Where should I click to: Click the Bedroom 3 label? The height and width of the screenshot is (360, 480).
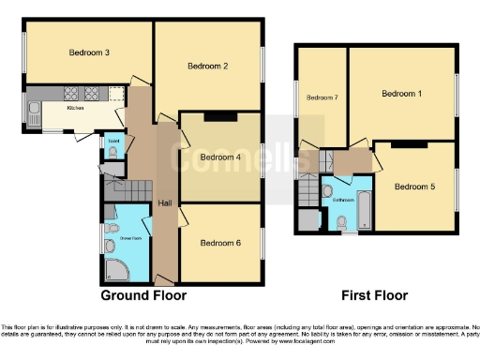(90, 52)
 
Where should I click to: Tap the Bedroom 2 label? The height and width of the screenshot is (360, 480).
(208, 66)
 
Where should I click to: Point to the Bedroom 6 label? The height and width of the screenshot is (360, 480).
(220, 243)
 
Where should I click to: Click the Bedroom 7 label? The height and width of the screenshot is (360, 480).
(321, 97)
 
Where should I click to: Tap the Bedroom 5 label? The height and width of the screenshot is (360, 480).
(414, 187)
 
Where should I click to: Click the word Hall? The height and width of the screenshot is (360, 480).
(165, 202)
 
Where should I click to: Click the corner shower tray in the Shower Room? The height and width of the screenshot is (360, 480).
(115, 269)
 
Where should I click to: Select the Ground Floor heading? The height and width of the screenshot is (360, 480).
(143, 295)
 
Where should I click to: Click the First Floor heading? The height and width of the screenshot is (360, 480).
(374, 295)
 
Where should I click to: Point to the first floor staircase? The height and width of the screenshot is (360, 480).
(307, 194)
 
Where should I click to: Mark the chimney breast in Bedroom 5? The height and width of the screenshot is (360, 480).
(409, 145)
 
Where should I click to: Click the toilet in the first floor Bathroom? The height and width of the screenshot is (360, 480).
(342, 222)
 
